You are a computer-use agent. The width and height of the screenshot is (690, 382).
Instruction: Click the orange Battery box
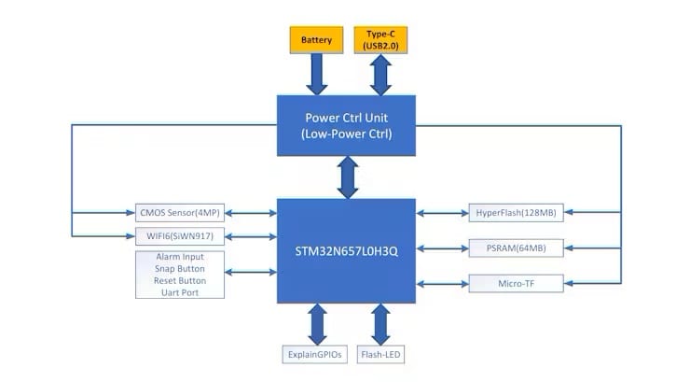point(316,41)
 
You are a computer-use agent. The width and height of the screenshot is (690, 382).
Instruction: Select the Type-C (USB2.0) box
point(380,40)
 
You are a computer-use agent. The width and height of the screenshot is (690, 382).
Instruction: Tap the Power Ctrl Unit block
point(348,125)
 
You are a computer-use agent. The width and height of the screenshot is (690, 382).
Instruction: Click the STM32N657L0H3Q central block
point(348,250)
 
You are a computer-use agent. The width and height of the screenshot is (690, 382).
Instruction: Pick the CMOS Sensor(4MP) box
point(179,213)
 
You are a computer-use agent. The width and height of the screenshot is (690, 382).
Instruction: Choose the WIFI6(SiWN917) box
point(179,235)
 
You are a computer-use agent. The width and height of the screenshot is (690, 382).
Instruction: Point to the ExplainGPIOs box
point(315,355)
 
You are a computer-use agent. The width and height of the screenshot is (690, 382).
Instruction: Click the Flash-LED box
point(380,355)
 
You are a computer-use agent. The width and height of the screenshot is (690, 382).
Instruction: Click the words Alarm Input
point(179,256)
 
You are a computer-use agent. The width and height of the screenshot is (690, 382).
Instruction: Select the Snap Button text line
point(179,268)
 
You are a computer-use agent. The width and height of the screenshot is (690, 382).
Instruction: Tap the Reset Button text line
point(179,280)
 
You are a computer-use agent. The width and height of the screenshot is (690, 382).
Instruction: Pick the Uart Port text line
point(179,292)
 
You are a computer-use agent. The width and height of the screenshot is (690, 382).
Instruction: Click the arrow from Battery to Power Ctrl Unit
point(316,75)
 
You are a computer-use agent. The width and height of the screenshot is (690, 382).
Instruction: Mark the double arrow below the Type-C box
point(380,75)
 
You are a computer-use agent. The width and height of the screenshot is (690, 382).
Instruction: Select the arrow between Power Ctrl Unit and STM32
point(348,177)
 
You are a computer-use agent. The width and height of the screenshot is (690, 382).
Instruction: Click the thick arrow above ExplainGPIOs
point(315,324)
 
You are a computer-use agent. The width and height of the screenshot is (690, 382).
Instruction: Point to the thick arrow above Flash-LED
point(380,324)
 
